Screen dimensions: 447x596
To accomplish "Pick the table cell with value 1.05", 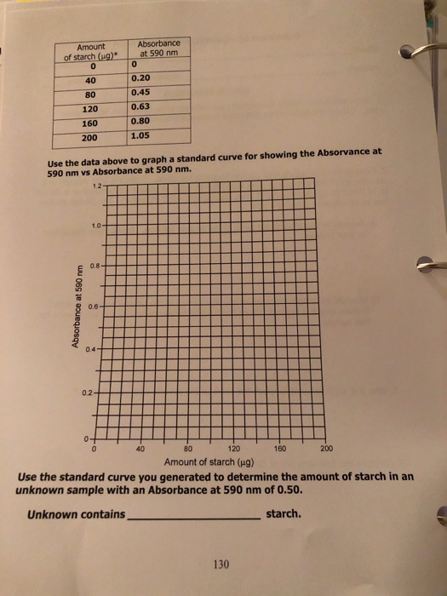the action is (141, 135).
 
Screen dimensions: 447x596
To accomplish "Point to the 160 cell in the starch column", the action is (90, 122).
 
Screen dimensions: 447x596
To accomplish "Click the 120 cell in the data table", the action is (90, 108).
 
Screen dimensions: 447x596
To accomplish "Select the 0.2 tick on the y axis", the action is (85, 393).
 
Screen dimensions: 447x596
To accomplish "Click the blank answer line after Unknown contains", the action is (194, 516).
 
